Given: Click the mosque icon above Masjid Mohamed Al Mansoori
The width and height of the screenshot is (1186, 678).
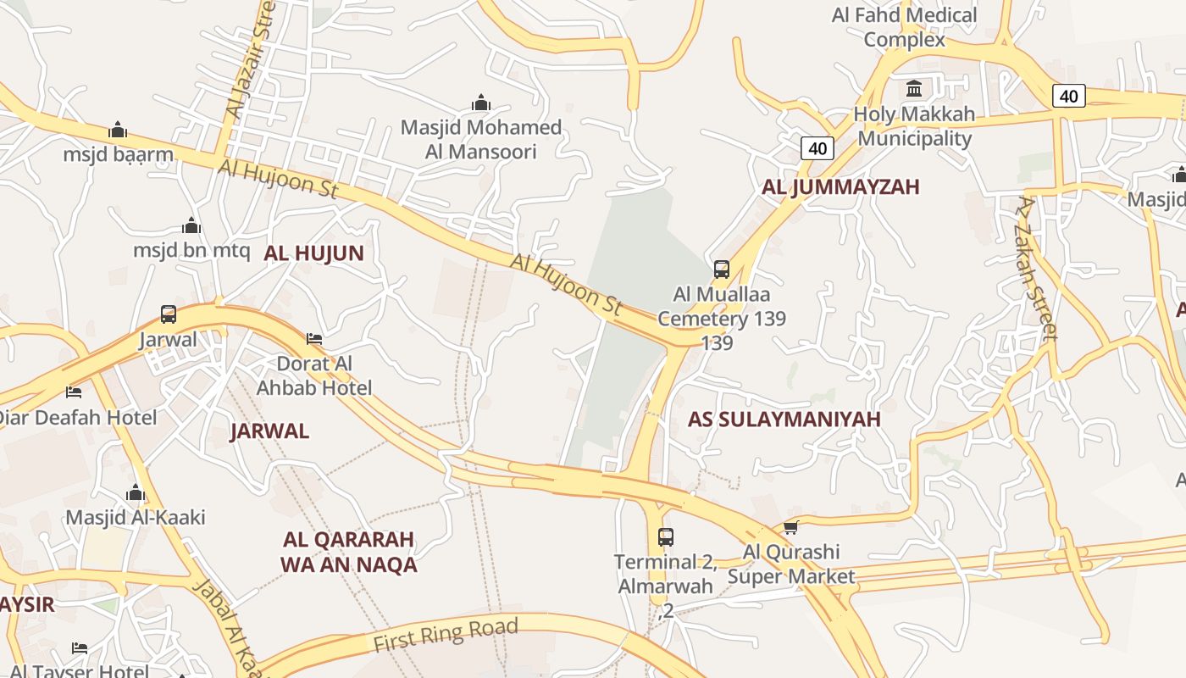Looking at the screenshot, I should pyautogui.click(x=481, y=103).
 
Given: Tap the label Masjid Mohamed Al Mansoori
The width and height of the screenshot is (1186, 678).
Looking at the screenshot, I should pyautogui.click(x=480, y=140).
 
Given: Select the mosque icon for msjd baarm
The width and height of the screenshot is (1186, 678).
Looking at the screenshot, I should pyautogui.click(x=118, y=130).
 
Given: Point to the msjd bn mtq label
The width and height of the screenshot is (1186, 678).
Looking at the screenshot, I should pyautogui.click(x=191, y=251).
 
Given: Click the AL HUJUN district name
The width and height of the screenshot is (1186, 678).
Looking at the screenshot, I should pyautogui.click(x=313, y=253).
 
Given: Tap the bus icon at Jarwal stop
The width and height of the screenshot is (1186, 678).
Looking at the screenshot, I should pyautogui.click(x=169, y=314).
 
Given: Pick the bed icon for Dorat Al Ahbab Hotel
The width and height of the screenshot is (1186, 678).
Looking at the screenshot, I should pyautogui.click(x=314, y=339).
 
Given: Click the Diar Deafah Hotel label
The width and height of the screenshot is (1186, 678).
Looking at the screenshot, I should pyautogui.click(x=76, y=418).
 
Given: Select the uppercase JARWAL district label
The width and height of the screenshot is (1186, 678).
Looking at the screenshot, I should pyautogui.click(x=269, y=431).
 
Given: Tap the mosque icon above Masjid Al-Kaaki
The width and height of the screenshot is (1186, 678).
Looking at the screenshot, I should pyautogui.click(x=136, y=492).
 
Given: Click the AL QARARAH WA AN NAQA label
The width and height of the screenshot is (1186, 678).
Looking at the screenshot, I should pyautogui.click(x=348, y=552).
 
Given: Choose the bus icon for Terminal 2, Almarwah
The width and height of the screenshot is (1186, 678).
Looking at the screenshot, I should pyautogui.click(x=666, y=536).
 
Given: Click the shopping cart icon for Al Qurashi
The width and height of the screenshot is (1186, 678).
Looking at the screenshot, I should pyautogui.click(x=790, y=528).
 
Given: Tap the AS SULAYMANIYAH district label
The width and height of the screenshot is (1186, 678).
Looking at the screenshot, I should pyautogui.click(x=784, y=420).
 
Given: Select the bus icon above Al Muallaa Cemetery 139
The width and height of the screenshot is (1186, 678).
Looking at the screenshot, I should pyautogui.click(x=722, y=270).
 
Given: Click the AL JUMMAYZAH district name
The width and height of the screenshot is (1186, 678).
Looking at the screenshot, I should pyautogui.click(x=840, y=187).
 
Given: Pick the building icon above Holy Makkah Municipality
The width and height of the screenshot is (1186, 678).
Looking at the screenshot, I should pyautogui.click(x=914, y=88).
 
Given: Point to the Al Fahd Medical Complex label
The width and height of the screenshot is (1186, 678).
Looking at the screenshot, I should pyautogui.click(x=905, y=27).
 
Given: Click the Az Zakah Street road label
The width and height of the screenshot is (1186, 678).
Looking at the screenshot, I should pyautogui.click(x=1039, y=268).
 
